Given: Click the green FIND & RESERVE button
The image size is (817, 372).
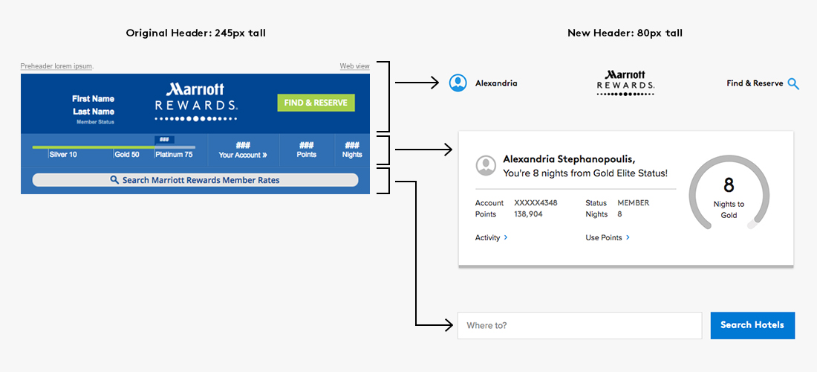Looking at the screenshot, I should point(316,103).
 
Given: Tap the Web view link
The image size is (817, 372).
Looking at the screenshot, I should point(354,66).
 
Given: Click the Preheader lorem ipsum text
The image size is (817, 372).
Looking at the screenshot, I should point(56,66).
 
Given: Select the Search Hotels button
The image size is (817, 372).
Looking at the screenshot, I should point(752,325).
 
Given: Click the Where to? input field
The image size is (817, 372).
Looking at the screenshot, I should point(579,325).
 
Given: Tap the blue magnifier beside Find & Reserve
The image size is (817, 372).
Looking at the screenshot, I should point(793,84).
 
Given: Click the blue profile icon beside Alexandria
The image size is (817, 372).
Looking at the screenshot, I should point(458,83).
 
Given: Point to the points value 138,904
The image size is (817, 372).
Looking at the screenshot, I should point(528,214).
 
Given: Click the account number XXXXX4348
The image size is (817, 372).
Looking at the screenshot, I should point(536,202).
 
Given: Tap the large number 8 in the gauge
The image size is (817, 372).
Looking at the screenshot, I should point(729,185).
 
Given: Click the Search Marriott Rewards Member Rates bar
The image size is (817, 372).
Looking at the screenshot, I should point(195,180).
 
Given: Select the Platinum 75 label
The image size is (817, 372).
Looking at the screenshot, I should point(174,155).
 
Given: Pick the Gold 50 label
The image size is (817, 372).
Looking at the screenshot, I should point(127,155).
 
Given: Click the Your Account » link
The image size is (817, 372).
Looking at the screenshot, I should point(243,155).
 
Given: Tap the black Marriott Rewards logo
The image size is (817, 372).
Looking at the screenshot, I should point(625,83).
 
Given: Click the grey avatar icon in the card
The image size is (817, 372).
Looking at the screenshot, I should point(486,165).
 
